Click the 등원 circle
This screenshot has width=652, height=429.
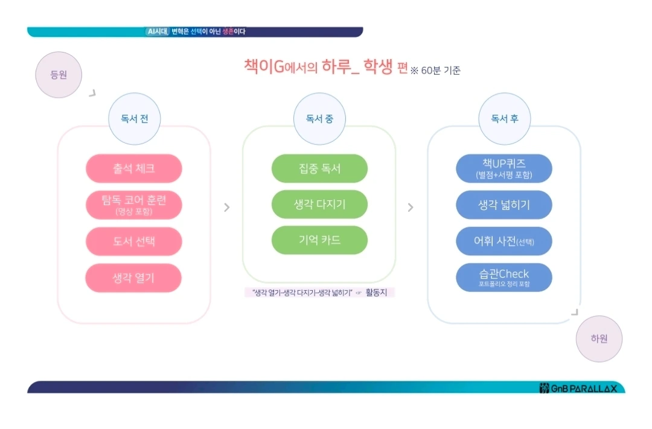click(59, 75)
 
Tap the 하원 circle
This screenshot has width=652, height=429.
click(599, 338)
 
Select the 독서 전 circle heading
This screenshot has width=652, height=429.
click(134, 119)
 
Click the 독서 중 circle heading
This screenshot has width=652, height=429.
click(319, 119)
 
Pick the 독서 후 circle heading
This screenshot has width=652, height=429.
click(504, 119)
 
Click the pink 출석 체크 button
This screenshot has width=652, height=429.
click(134, 168)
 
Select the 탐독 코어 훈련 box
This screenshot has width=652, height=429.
click(134, 205)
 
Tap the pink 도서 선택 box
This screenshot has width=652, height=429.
click(134, 241)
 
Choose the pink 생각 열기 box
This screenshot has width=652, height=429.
click(134, 278)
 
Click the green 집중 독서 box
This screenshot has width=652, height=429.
click(319, 168)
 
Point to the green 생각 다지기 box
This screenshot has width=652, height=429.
click(319, 204)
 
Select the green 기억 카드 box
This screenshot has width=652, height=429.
click(319, 240)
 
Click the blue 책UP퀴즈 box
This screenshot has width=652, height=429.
click(504, 168)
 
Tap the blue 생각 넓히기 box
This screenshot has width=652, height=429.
click(504, 205)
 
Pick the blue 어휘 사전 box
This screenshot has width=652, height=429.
click(504, 241)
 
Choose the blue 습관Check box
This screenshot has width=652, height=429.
click(504, 278)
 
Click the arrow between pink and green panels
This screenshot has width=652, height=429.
click(227, 208)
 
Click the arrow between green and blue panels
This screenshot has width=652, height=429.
click(411, 208)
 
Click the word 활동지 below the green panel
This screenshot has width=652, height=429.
click(379, 293)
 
